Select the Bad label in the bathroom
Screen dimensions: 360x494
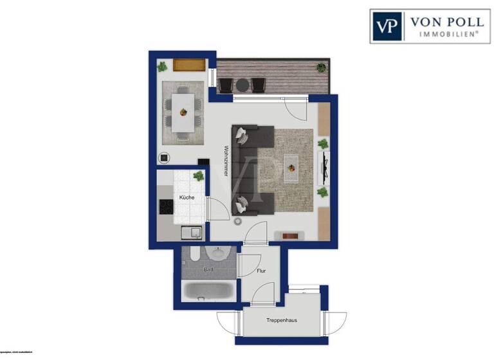coord(207,270)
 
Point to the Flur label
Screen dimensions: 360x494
coord(261,271)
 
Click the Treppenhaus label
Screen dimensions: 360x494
coord(286,319)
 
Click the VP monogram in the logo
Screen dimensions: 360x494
coord(387,26)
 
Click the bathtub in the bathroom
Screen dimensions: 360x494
coord(208,291)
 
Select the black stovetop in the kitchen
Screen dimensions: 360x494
coord(167,208)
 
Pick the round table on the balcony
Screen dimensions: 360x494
coord(242,84)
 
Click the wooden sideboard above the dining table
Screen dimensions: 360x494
coord(189,64)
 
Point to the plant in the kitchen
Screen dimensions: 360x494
coord(199,175)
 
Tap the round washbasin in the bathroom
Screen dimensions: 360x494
coord(217,253)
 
